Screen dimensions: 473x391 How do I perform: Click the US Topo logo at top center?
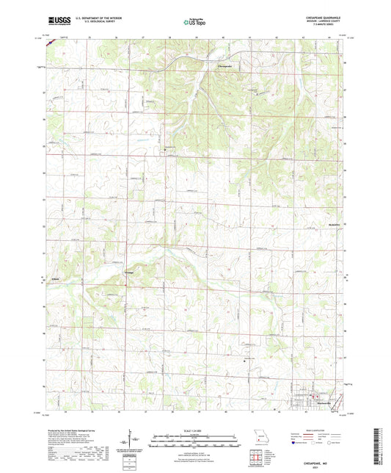(194, 23)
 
